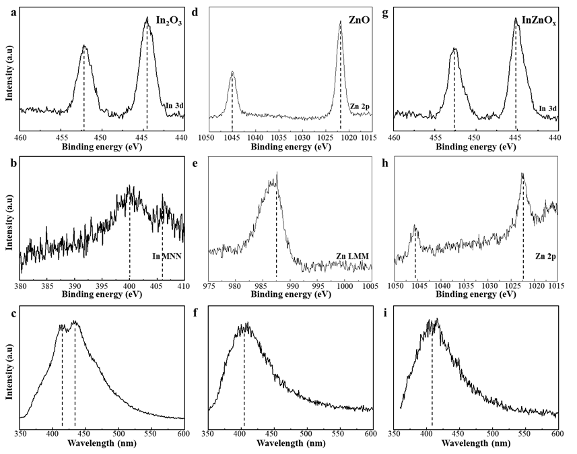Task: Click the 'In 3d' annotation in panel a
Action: point(174,105)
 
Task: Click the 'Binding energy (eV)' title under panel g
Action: point(475,146)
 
